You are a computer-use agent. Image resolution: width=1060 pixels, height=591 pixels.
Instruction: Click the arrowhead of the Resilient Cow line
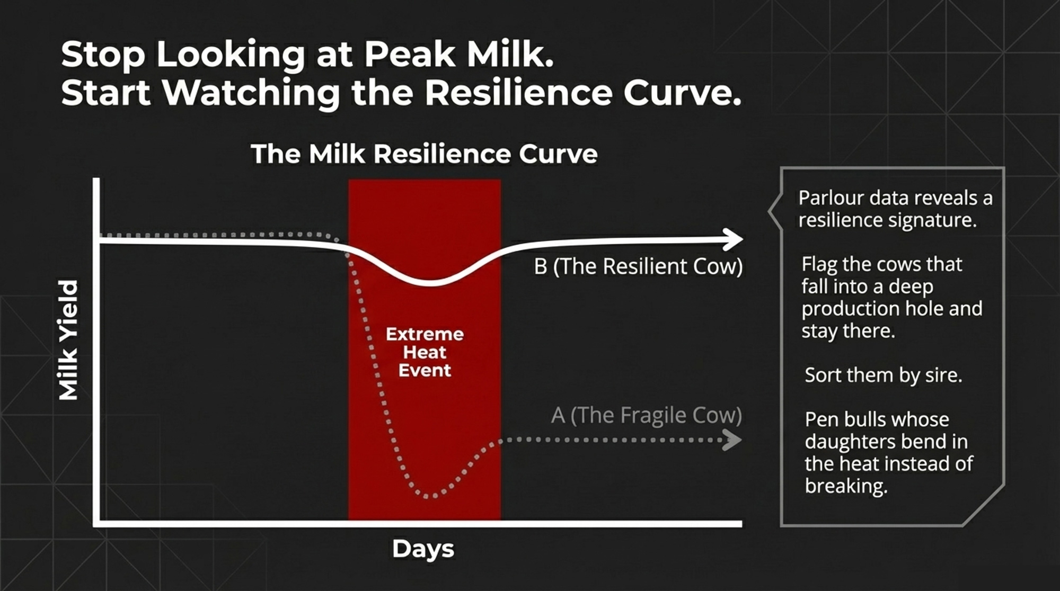click(x=733, y=239)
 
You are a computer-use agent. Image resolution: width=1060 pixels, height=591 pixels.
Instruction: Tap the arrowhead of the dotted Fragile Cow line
click(x=732, y=440)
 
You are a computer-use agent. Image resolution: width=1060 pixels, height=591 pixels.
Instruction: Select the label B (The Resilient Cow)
click(x=638, y=266)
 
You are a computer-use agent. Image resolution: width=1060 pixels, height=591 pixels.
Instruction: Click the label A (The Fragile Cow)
click(x=646, y=415)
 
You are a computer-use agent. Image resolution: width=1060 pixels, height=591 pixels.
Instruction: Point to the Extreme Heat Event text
click(x=425, y=352)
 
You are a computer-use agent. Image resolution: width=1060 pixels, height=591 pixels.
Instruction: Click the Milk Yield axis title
click(x=68, y=340)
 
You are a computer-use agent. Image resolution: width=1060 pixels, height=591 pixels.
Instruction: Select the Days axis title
click(x=423, y=549)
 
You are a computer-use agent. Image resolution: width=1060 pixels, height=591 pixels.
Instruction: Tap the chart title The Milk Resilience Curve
click(x=424, y=154)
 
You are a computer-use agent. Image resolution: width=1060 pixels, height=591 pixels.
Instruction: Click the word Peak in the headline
click(x=409, y=55)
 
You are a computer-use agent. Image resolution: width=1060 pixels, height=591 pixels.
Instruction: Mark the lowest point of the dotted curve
click(x=430, y=497)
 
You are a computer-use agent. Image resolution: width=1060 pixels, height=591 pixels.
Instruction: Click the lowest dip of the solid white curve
click(x=432, y=282)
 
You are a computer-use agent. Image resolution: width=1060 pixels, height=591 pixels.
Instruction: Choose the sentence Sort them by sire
click(x=883, y=375)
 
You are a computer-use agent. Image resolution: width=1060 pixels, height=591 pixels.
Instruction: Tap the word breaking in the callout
click(x=846, y=486)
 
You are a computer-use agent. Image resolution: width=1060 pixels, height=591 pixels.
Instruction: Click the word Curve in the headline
click(x=683, y=93)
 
